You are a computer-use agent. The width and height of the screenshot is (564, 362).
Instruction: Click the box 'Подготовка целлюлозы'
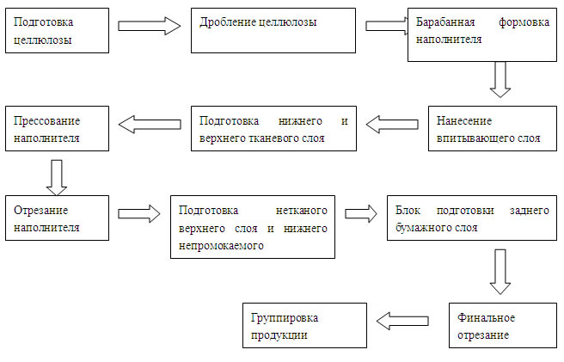click(58, 31)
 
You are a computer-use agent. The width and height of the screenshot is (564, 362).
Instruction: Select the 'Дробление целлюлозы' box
click(273, 31)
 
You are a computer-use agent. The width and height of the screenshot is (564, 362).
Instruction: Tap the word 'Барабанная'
click(445, 22)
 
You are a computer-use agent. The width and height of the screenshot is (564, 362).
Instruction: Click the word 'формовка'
click(524, 22)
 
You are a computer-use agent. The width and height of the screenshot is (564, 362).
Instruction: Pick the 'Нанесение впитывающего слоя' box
click(493, 128)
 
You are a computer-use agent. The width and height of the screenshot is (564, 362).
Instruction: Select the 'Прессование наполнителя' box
click(58, 128)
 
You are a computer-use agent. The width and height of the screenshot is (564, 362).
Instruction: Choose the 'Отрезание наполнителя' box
click(58, 218)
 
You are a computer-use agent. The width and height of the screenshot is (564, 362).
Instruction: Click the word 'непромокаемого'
click(221, 246)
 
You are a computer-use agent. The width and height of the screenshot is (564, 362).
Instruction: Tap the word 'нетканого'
click(302, 210)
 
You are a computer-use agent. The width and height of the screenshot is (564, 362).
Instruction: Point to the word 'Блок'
click(408, 210)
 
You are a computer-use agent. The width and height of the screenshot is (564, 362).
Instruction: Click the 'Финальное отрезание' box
click(503, 325)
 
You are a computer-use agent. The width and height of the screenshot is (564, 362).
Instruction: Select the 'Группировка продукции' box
click(304, 325)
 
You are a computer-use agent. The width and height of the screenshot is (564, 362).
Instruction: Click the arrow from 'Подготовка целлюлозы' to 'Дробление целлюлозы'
click(150, 26)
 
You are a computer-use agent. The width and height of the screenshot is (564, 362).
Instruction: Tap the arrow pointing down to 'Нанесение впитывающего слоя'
click(500, 79)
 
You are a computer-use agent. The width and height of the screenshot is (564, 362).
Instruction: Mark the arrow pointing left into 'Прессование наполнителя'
click(150, 125)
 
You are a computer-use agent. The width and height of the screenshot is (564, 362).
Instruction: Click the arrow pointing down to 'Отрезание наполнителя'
click(57, 178)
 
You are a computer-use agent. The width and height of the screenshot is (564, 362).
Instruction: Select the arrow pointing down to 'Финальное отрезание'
click(500, 272)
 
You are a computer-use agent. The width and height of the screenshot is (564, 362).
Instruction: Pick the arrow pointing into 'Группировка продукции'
click(402, 321)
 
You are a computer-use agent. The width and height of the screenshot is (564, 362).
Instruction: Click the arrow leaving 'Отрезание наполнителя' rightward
click(139, 214)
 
